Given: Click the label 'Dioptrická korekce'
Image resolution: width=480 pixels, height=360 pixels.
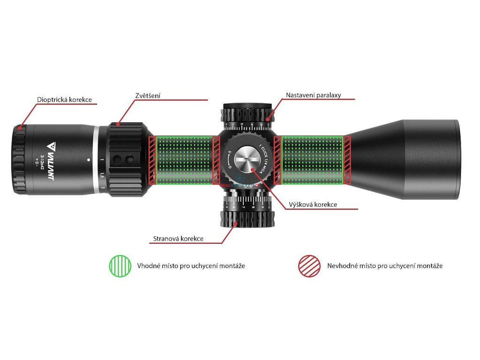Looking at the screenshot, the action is pyautogui.click(x=64, y=100).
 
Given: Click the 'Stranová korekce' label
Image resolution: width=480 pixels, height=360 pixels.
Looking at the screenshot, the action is pyautogui.click(x=178, y=239).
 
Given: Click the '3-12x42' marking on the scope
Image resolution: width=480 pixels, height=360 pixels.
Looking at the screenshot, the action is pyautogui.click(x=43, y=163).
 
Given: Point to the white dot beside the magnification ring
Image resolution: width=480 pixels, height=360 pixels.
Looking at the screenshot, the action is pyautogui.click(x=89, y=159).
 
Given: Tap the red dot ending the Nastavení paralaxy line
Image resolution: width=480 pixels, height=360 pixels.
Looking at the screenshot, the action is pyautogui.click(x=268, y=120).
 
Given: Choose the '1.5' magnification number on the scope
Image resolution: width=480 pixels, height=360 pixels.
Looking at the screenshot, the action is pyautogui.click(x=102, y=176).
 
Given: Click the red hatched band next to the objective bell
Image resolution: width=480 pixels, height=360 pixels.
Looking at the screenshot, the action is pyautogui.click(x=347, y=160).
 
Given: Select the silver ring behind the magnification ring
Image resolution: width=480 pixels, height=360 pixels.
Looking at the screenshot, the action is pyautogui.click(x=96, y=159).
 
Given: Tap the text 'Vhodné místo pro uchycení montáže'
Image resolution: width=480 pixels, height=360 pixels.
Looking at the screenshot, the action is pyautogui.click(x=191, y=265).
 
